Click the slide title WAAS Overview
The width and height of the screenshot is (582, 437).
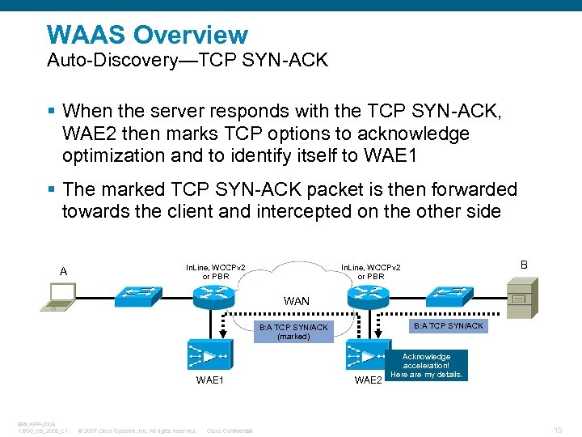(147, 35)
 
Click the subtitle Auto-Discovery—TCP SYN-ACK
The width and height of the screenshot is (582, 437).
(188, 61)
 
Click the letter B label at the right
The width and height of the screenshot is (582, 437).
(524, 265)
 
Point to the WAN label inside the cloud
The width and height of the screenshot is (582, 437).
(296, 301)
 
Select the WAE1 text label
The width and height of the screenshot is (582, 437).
(209, 380)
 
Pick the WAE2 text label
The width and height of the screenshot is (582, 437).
(369, 380)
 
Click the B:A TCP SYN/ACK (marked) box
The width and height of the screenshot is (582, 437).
(293, 331)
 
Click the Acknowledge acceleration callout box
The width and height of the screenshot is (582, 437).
(426, 365)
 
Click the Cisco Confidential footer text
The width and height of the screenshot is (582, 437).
(230, 431)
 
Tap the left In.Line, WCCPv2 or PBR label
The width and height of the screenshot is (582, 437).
(216, 271)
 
